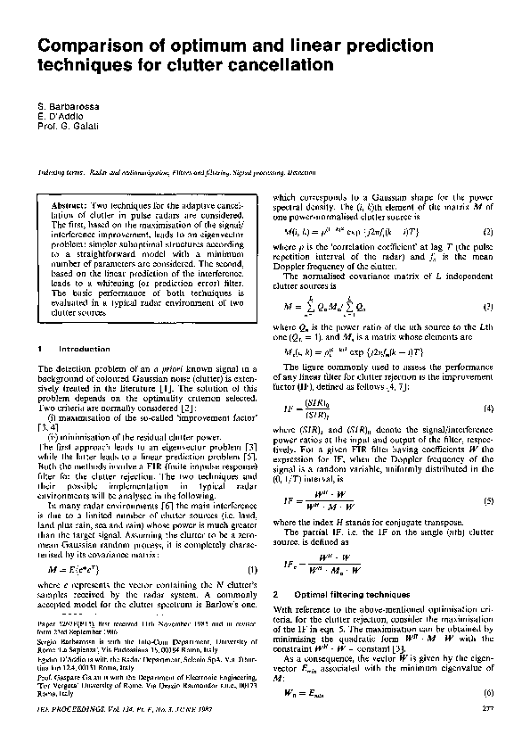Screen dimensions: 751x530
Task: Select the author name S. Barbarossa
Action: [x=66, y=107]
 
